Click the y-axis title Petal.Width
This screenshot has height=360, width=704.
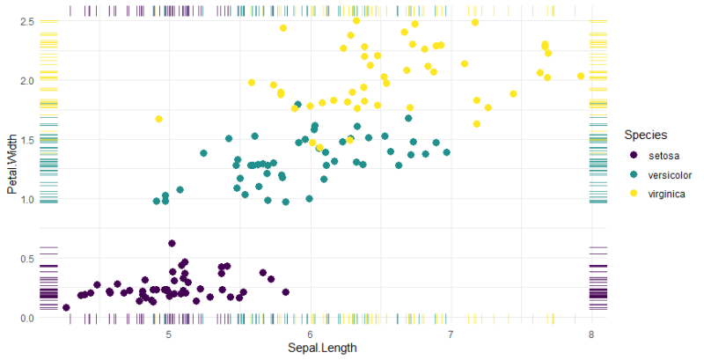coord(12,165)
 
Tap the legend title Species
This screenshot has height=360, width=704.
coord(645,135)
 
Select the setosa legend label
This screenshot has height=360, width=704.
coord(664,156)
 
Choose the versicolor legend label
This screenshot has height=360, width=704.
coord(671,175)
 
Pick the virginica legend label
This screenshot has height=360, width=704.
coord(668,194)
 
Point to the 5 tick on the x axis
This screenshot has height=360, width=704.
coord(169,334)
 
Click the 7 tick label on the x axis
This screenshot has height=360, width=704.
coord(451,334)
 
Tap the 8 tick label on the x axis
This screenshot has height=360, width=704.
coord(591,334)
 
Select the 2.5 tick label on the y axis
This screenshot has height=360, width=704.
coord(26,21)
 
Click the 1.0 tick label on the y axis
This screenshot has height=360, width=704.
coord(26,199)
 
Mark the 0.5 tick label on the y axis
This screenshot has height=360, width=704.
coord(26,259)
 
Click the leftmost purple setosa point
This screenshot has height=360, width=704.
coord(66,307)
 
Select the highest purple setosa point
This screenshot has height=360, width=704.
coord(172,243)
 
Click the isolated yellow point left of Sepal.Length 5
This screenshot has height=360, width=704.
coord(158,119)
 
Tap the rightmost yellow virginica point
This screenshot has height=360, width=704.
coord(581,76)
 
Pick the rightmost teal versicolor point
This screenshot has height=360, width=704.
coord(447,152)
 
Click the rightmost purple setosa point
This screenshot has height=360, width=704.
coord(285,292)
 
